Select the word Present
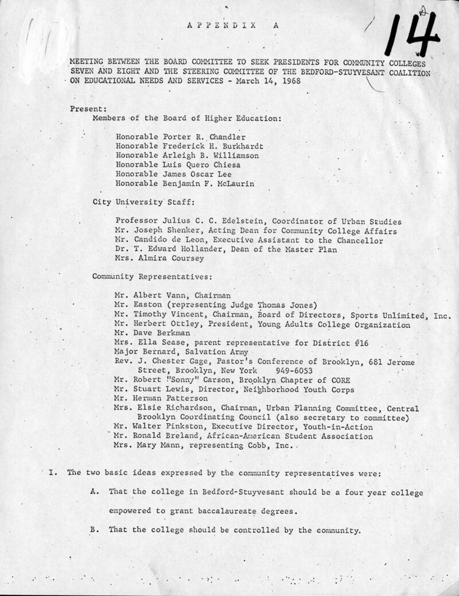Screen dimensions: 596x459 coord(86,109)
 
